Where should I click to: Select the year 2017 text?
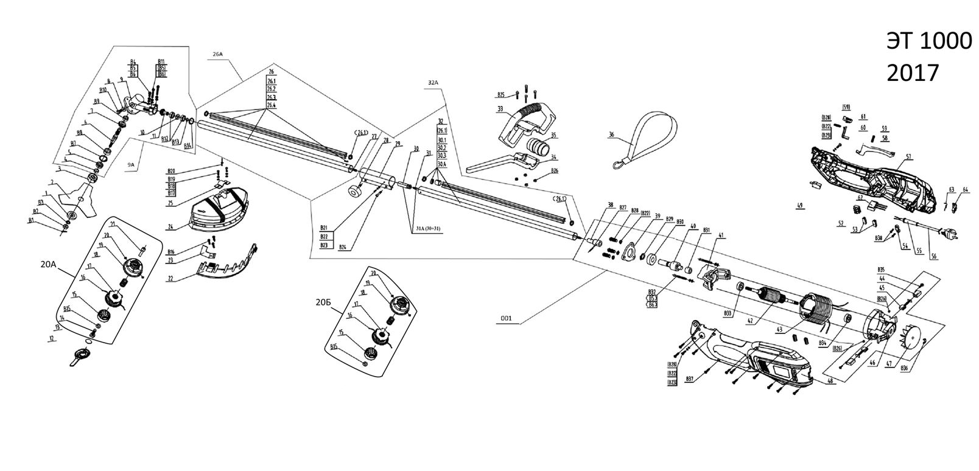point(913,73)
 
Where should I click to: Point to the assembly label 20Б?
point(325,301)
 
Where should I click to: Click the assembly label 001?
point(506,318)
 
